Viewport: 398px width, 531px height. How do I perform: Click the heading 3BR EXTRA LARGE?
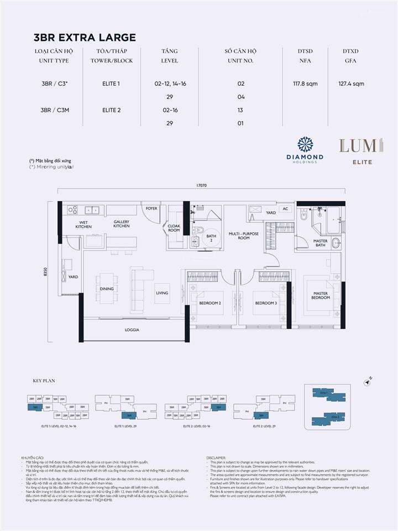pyautogui.click(x=85, y=38)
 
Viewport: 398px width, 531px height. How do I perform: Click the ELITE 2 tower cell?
pyautogui.click(x=111, y=110)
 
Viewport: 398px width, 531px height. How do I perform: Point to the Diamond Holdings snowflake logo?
pyautogui.click(x=305, y=144)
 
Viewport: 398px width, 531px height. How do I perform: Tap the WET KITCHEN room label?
pyautogui.click(x=83, y=225)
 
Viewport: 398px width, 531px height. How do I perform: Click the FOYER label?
pyautogui.click(x=151, y=210)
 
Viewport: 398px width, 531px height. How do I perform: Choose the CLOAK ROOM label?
pyautogui.click(x=174, y=228)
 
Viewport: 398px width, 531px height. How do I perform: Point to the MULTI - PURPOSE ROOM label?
pyautogui.click(x=244, y=236)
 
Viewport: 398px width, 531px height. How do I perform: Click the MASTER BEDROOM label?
pyautogui.click(x=321, y=295)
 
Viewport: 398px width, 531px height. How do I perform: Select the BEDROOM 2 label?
pyautogui.click(x=210, y=303)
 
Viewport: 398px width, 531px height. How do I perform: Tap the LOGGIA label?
pyautogui.click(x=132, y=330)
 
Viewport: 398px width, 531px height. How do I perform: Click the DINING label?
pyautogui.click(x=107, y=289)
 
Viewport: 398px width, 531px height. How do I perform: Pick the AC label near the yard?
pyautogui.click(x=286, y=209)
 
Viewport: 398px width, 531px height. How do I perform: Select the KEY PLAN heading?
pyautogui.click(x=41, y=381)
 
